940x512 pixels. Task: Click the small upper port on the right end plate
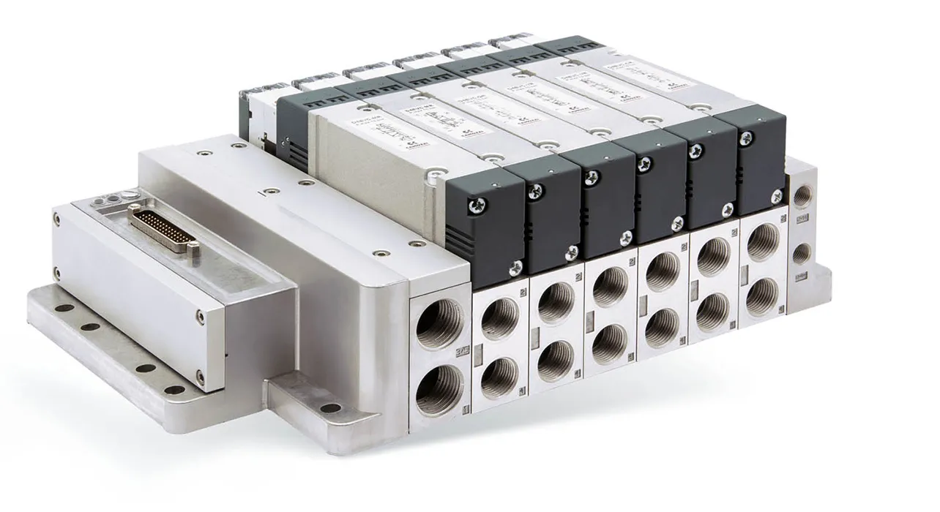pos(802,195)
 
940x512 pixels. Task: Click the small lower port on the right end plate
pos(802,253)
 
